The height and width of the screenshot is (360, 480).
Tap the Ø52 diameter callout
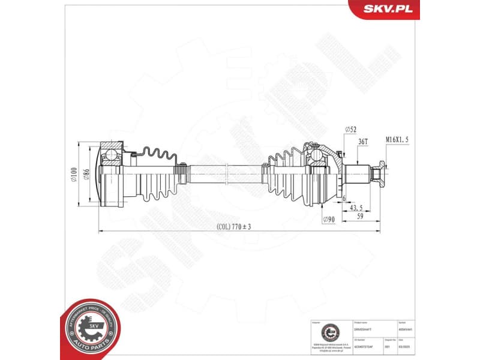click(x=351, y=130)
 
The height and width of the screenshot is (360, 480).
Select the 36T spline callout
click(x=363, y=141)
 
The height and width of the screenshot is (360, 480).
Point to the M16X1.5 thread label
click(x=397, y=140)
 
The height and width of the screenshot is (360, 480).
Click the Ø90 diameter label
click(x=328, y=220)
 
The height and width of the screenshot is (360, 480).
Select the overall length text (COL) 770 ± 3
click(x=234, y=227)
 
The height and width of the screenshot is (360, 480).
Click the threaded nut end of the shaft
click(x=377, y=173)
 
